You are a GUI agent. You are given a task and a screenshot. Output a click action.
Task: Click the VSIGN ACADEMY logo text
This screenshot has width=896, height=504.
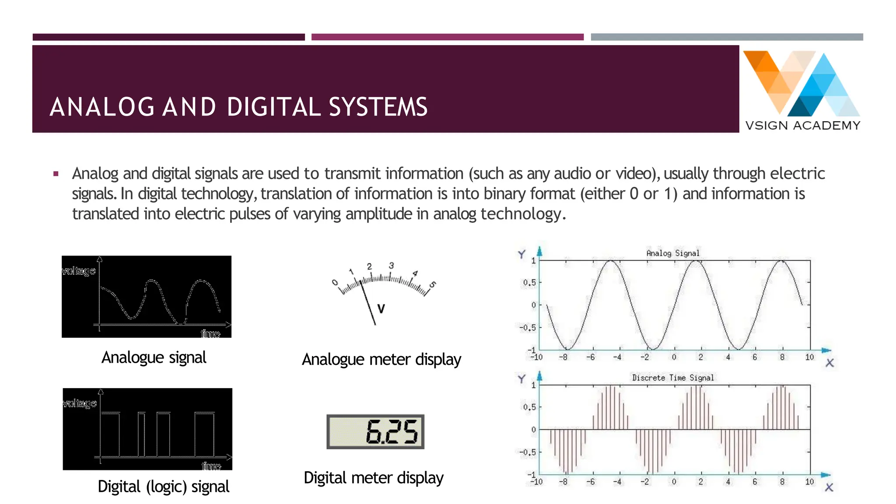(x=803, y=126)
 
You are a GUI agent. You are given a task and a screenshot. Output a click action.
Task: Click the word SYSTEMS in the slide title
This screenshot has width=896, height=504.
(x=378, y=107)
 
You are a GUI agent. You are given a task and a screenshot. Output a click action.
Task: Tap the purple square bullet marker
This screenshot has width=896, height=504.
(x=56, y=174)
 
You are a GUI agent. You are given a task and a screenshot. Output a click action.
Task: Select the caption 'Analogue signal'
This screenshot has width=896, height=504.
(x=154, y=357)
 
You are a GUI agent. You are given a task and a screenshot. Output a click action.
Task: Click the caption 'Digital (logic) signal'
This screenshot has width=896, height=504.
(x=163, y=486)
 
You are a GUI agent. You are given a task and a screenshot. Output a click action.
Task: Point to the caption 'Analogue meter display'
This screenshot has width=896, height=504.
(x=381, y=360)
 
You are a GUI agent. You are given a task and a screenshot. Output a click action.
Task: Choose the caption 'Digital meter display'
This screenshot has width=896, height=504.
(x=374, y=478)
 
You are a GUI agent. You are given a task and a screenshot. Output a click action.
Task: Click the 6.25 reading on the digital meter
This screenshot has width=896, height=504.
(x=392, y=432)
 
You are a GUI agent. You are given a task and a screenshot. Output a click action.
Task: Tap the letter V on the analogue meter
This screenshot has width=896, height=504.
(x=381, y=309)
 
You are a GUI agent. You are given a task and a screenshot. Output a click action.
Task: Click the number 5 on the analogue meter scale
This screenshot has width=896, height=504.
(x=433, y=285)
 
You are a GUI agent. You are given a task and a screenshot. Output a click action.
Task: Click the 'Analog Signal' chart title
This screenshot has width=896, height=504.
(x=673, y=253)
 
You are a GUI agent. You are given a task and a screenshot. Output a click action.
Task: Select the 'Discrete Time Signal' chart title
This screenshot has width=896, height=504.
(x=673, y=378)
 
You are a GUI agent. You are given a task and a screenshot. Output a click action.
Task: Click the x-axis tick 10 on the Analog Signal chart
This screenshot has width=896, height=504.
(x=809, y=357)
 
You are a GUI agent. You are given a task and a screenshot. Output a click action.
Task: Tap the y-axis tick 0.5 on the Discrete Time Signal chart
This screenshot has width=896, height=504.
(x=529, y=407)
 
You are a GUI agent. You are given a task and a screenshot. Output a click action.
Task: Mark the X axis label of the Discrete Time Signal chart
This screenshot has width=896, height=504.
(x=829, y=487)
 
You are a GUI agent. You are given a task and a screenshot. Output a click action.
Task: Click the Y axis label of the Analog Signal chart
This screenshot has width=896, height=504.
(x=521, y=254)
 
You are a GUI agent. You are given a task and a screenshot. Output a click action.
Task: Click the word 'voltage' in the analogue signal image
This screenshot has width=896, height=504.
(x=79, y=271)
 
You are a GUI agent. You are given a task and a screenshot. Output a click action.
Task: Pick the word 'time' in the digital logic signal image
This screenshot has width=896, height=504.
(x=211, y=466)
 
